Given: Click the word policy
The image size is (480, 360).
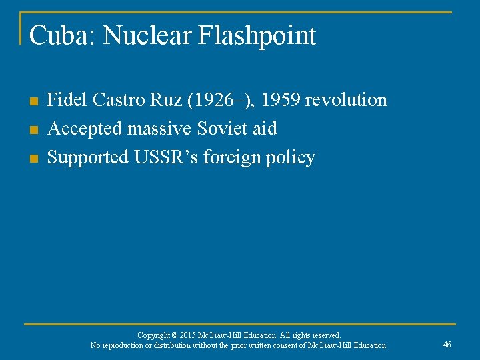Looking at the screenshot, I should (x=293, y=158).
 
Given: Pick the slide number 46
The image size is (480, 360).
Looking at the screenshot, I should (x=447, y=344).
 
